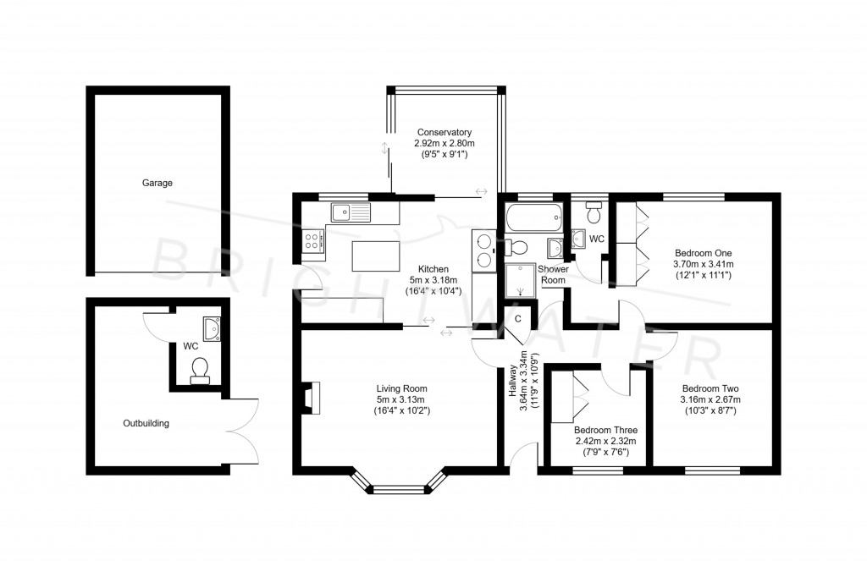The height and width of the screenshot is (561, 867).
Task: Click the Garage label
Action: click(x=157, y=182)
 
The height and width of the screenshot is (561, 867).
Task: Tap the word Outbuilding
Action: click(x=146, y=423)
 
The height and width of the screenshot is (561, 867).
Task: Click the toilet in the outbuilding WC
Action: click(x=200, y=370)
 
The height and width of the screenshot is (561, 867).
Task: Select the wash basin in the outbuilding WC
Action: click(x=212, y=327)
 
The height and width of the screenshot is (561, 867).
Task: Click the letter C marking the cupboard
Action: click(x=518, y=319)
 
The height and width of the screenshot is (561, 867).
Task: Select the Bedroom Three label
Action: click(x=605, y=430)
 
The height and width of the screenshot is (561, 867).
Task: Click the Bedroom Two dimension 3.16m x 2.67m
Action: click(x=711, y=399)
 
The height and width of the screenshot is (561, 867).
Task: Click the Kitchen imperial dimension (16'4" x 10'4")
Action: click(x=433, y=291)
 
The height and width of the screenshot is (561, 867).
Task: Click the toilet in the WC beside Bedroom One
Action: click(x=594, y=213)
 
